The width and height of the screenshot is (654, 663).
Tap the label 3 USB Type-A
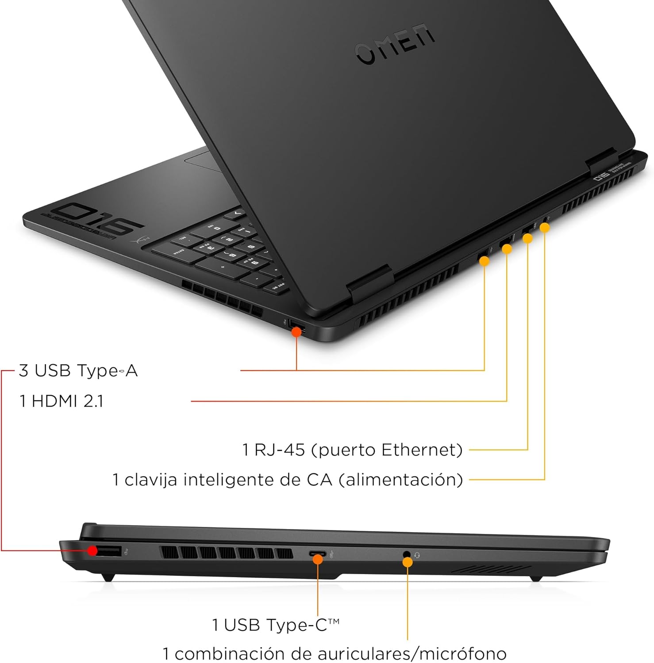click(x=78, y=370)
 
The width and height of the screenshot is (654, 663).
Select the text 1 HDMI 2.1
click(x=62, y=401)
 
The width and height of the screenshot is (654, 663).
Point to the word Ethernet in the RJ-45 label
click(x=422, y=450)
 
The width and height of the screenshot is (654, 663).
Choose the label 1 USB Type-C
click(x=275, y=625)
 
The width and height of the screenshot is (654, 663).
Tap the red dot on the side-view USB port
click(x=92, y=551)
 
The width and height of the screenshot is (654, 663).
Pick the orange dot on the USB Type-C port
click(x=318, y=559)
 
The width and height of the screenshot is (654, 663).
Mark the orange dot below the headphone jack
click(x=408, y=562)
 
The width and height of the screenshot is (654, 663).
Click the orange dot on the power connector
click(x=545, y=228)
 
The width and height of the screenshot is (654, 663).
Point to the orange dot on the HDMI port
click(x=507, y=249)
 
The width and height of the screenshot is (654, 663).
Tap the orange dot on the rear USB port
click(x=485, y=261)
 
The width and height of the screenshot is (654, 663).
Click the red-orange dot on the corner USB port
click(x=296, y=331)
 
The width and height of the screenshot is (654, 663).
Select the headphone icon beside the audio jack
click(x=417, y=555)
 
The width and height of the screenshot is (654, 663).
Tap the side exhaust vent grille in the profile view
click(x=226, y=552)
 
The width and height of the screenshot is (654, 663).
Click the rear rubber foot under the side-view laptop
click(x=108, y=576)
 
